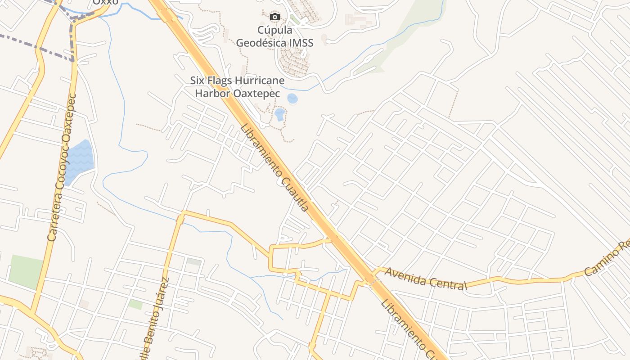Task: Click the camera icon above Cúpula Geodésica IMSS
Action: click(x=274, y=17)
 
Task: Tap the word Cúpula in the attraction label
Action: click(x=274, y=30)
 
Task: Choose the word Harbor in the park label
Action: click(x=212, y=94)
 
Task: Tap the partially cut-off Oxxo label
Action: click(x=105, y=2)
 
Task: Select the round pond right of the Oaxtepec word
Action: click(x=292, y=99)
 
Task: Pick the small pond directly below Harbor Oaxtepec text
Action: click(x=280, y=114)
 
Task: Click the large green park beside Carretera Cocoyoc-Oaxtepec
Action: click(x=26, y=272)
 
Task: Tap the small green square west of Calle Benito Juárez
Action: click(x=135, y=304)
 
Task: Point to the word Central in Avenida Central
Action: click(x=444, y=282)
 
